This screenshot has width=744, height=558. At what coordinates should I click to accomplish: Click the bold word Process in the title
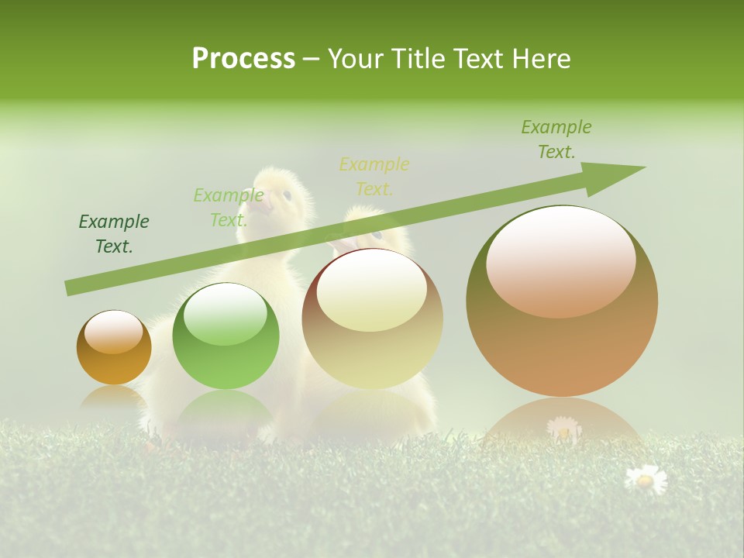click(x=243, y=58)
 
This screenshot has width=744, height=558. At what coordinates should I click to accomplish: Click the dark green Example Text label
click(x=114, y=234)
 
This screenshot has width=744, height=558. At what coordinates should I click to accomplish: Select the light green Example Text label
click(x=229, y=208)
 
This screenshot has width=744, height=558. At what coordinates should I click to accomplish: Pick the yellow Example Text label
click(x=374, y=176)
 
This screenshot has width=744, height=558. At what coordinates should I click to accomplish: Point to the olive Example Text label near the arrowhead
click(x=556, y=139)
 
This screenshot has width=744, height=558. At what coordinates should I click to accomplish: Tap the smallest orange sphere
click(x=114, y=347)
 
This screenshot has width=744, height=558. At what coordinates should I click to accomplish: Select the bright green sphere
click(x=226, y=336)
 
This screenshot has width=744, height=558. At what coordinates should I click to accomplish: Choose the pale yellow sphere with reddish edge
click(x=373, y=319)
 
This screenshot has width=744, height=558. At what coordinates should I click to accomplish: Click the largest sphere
click(x=562, y=301)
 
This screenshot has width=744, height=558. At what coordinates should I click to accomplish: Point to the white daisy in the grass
click(x=645, y=479)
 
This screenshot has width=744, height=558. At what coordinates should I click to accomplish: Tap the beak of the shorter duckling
click(x=341, y=243)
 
